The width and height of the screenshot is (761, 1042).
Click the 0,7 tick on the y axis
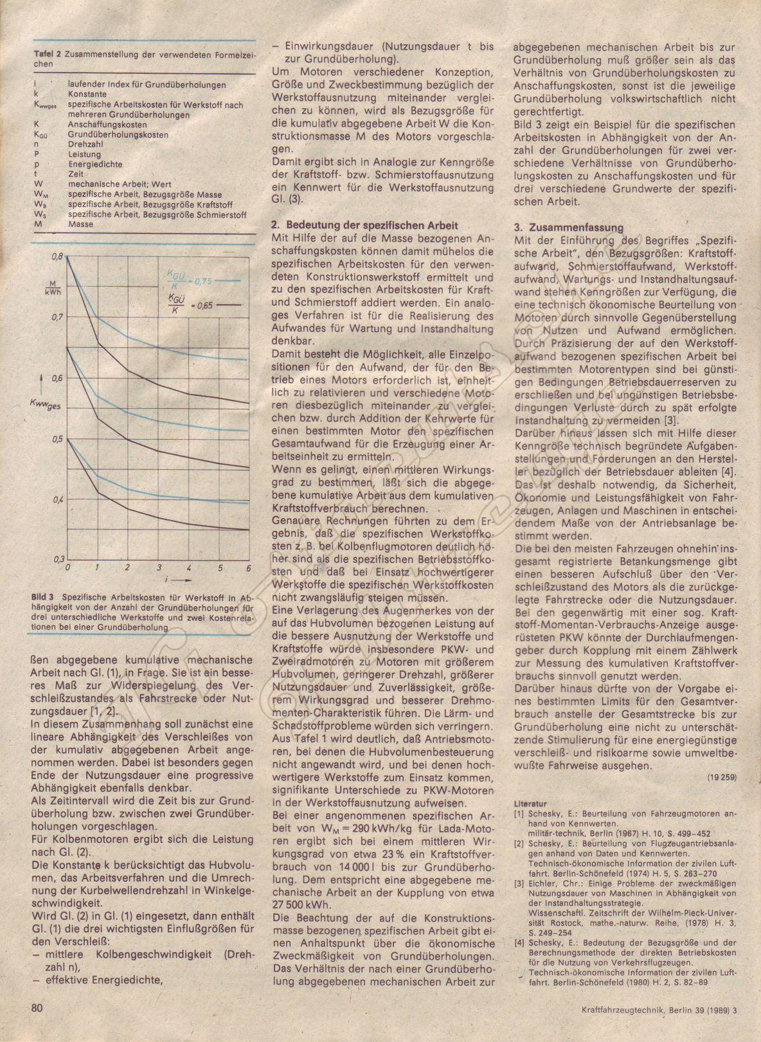55,318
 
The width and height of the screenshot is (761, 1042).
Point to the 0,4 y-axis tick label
55,499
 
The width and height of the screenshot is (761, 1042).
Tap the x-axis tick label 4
189,568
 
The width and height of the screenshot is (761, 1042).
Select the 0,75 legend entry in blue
194,280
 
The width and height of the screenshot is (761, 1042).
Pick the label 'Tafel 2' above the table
46,55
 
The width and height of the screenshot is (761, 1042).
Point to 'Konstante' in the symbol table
87,94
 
